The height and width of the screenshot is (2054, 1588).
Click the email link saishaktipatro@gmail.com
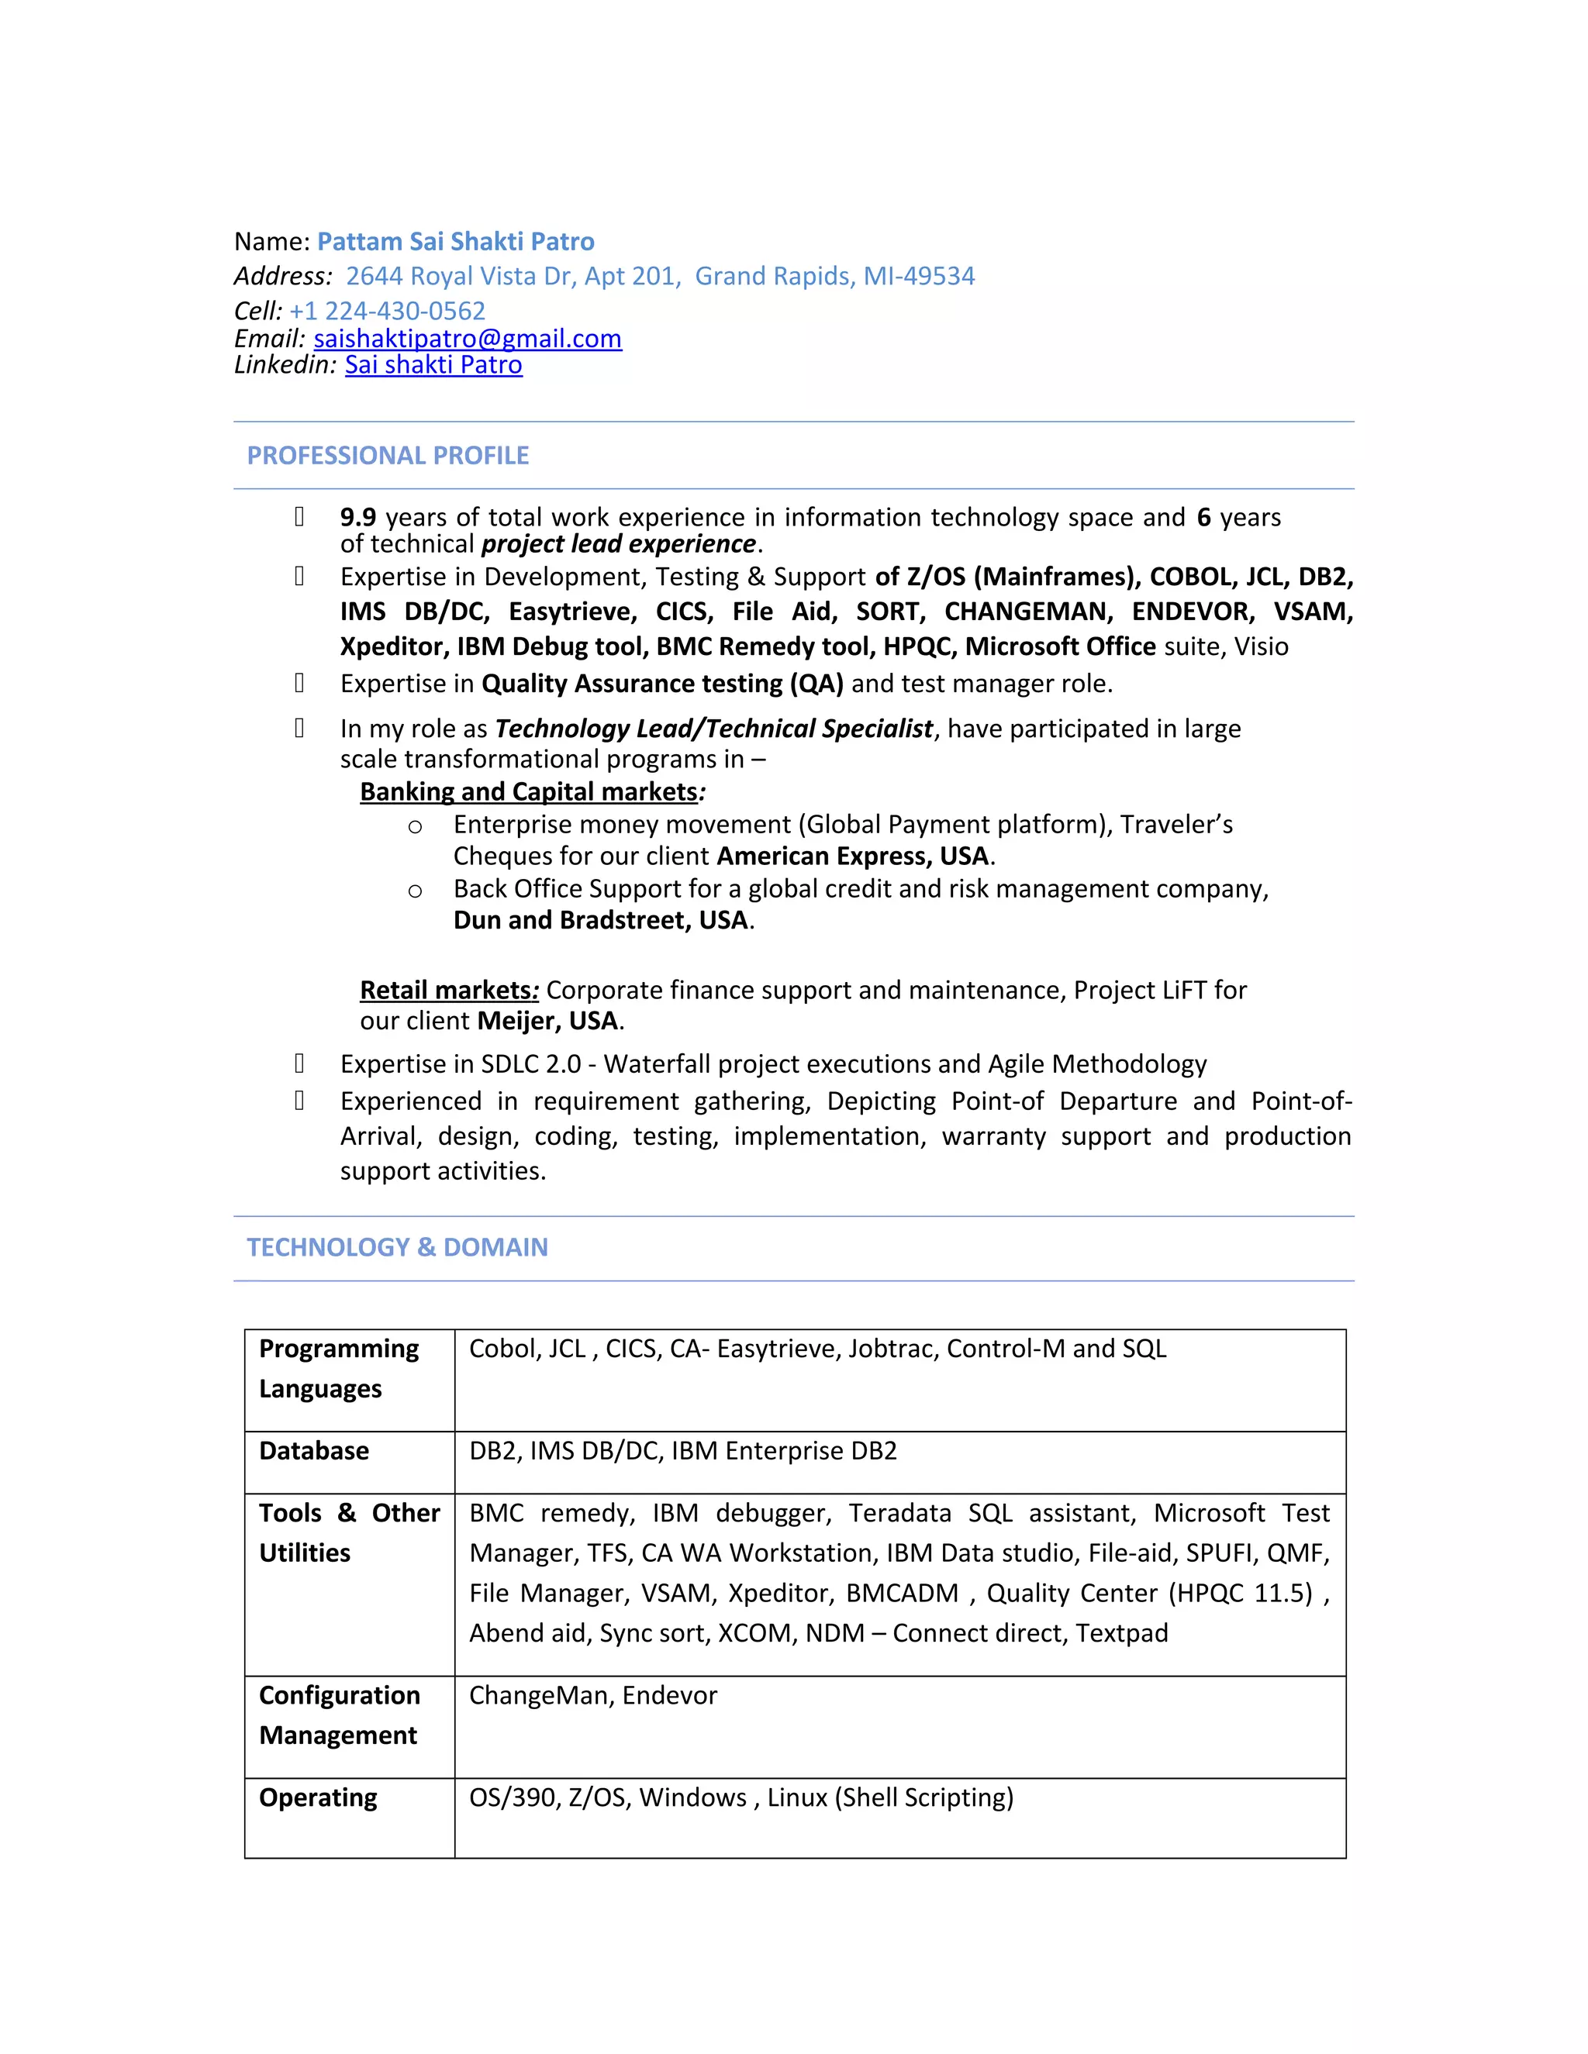tap(468, 339)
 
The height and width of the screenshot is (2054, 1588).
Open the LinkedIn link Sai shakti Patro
tap(433, 365)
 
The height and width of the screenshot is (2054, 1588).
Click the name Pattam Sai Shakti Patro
tap(455, 242)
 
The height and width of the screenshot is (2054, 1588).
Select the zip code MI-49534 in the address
tap(919, 276)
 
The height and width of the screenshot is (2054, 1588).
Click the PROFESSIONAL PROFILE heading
tap(388, 455)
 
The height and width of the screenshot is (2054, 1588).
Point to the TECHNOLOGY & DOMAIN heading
tap(397, 1247)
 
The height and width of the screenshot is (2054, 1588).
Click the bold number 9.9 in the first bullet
tap(357, 517)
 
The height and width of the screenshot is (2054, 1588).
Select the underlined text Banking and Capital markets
tap(529, 792)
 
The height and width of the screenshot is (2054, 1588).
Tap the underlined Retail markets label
tap(446, 991)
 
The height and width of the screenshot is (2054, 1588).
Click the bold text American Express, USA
tap(852, 856)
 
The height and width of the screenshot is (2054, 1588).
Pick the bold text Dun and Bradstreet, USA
tap(600, 920)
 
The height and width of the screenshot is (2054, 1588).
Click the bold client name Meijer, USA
tap(547, 1022)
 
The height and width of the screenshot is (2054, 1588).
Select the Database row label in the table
tap(314, 1450)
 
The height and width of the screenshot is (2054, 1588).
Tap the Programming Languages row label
tap(338, 1368)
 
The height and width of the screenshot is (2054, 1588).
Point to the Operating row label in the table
tap(318, 1797)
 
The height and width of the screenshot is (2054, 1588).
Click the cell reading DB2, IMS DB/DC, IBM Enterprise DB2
tap(683, 1450)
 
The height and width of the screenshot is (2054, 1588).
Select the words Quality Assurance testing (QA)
tap(662, 684)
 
